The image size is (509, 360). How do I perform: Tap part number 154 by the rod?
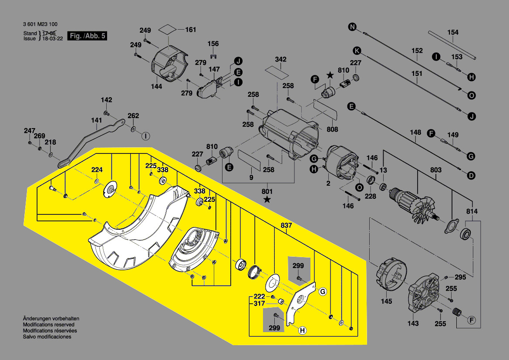[453, 33]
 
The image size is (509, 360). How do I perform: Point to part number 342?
[281, 59]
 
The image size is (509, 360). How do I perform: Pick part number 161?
[191, 30]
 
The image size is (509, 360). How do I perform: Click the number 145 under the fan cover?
[386, 301]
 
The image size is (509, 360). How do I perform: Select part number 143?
[413, 323]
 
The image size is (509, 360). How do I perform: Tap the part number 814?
[472, 212]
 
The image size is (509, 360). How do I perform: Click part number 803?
[435, 170]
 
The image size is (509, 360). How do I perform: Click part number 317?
[260, 304]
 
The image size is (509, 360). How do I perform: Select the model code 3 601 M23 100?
[40, 24]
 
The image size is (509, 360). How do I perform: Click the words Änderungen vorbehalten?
[51, 319]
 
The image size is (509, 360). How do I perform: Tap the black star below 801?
[267, 200]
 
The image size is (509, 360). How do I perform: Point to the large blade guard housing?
[135, 231]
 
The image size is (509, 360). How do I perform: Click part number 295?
[460, 277]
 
